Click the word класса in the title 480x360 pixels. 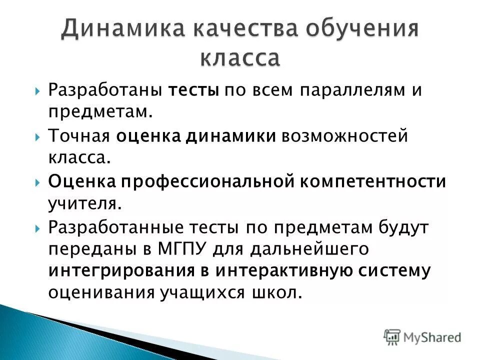pos(240,58)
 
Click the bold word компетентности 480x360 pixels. pos(372,181)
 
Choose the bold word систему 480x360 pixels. pos(393,270)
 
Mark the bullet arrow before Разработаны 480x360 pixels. pos(38,91)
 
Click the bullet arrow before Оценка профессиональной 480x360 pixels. pos(38,181)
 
